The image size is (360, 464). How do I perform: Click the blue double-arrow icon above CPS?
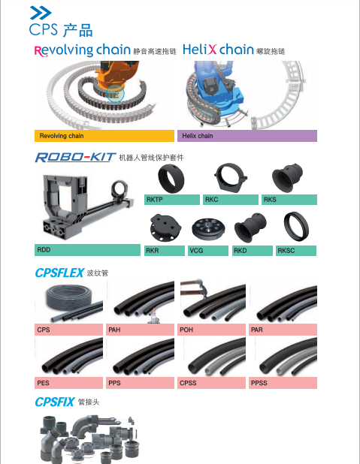pyautogui.click(x=41, y=13)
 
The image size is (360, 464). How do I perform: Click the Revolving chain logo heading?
pyautogui.click(x=83, y=50)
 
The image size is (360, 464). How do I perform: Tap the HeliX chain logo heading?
pyautogui.click(x=218, y=49)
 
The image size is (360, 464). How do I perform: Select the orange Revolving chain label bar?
pyautogui.click(x=104, y=136)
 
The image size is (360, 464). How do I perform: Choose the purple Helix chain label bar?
pyautogui.click(x=247, y=136)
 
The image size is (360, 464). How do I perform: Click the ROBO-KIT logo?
pyautogui.click(x=75, y=157)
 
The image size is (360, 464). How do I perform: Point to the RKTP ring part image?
pyautogui.click(x=171, y=179)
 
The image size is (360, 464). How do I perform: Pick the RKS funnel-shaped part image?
pyautogui.click(x=287, y=178)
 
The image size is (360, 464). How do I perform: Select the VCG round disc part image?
pyautogui.click(x=208, y=230)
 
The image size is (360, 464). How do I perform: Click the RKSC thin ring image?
pyautogui.click(x=296, y=227)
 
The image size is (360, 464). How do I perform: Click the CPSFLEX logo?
pyautogui.click(x=59, y=273)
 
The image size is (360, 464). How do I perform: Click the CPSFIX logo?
pyautogui.click(x=55, y=402)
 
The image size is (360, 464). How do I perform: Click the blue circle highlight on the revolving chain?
pyautogui.click(x=115, y=94)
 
